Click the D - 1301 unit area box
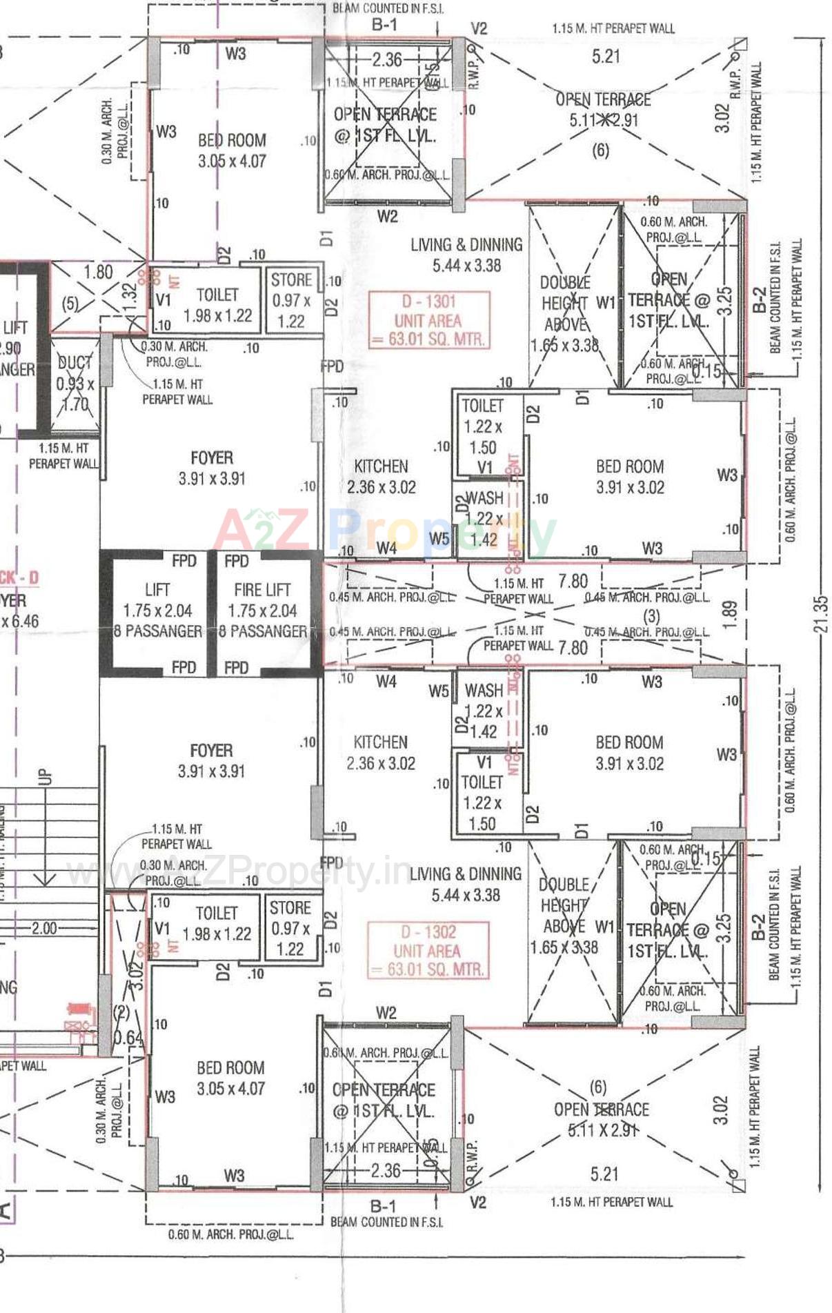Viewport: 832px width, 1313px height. [428, 320]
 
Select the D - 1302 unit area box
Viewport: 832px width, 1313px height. [428, 950]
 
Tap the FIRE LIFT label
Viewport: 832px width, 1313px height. [262, 590]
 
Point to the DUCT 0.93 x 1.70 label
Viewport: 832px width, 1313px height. [75, 383]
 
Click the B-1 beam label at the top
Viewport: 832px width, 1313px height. [384, 25]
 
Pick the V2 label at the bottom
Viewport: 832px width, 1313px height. [477, 1203]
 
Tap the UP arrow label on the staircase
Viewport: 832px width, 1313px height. [46, 776]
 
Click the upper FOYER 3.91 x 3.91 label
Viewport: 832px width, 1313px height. [212, 468]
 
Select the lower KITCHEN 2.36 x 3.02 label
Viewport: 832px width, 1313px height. [381, 752]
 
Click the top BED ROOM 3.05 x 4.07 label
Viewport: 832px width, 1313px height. [232, 150]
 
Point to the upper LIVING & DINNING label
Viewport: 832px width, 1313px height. [466, 245]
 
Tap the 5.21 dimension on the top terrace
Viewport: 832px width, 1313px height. [606, 57]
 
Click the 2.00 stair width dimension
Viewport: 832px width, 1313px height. [44, 928]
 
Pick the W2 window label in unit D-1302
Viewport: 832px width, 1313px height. [386, 1013]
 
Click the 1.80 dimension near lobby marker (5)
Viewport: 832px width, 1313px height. [98, 272]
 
